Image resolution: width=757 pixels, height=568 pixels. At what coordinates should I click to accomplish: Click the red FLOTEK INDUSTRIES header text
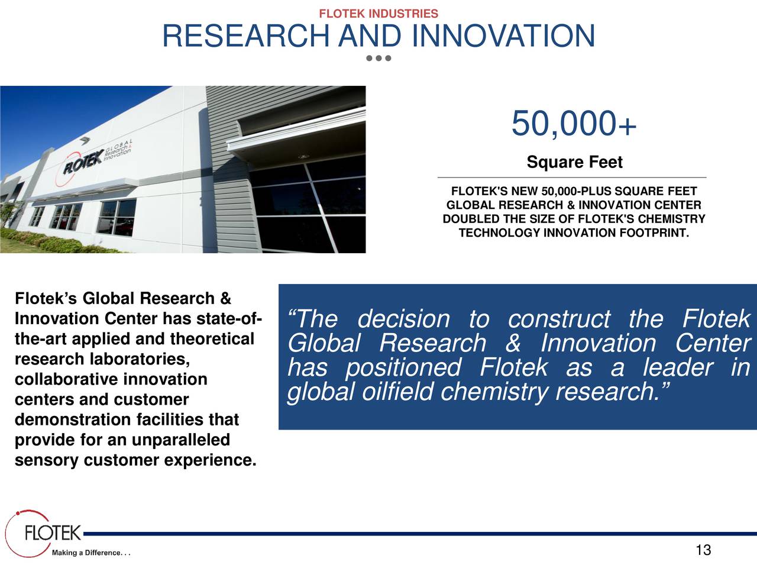pyautogui.click(x=378, y=14)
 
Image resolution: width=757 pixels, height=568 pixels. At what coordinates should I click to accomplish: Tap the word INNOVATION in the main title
pyautogui.click(x=503, y=37)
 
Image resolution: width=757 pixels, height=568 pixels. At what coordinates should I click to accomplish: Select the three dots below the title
pyautogui.click(x=378, y=59)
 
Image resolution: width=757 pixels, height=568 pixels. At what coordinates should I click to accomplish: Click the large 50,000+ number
pyautogui.click(x=573, y=124)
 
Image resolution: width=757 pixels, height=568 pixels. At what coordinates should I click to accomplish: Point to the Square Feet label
pyautogui.click(x=574, y=162)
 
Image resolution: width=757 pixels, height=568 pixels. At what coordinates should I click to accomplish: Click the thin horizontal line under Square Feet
pyautogui.click(x=571, y=177)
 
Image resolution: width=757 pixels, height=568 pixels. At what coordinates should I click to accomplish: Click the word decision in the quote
pyautogui.click(x=403, y=319)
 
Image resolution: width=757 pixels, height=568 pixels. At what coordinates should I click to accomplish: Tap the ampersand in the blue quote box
pyautogui.click(x=513, y=344)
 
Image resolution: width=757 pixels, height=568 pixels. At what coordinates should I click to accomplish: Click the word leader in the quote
pyautogui.click(x=678, y=367)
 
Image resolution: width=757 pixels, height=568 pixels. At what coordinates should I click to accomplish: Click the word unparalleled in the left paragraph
pyautogui.click(x=180, y=440)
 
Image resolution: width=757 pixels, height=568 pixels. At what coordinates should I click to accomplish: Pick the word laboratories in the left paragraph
pyautogui.click(x=139, y=359)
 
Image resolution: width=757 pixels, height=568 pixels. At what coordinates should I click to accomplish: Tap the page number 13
pyautogui.click(x=703, y=550)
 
